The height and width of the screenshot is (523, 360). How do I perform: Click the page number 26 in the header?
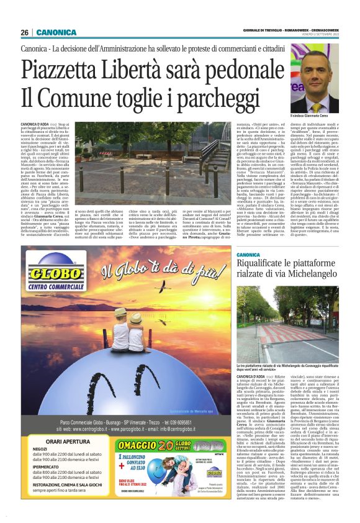(24, 32)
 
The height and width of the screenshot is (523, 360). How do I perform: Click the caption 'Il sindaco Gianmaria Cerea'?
(317, 116)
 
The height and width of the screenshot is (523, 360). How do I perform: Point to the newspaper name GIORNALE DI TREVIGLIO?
(264, 30)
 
